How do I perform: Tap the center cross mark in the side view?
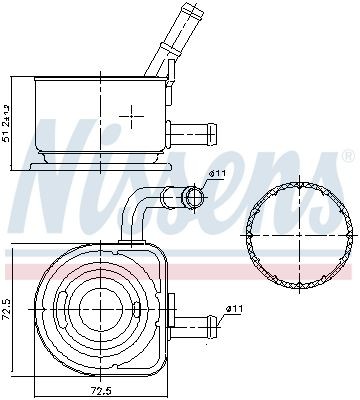coord(130,116)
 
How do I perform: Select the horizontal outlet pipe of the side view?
coord(196,130)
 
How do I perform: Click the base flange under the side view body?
coord(98,160)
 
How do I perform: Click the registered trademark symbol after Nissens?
coord(347,157)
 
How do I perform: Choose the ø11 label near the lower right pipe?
coord(234,308)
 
